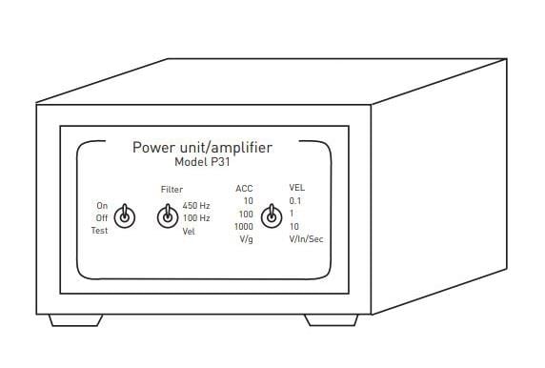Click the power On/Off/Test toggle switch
(124, 216)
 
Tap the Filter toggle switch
(167, 216)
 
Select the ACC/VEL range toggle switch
(271, 216)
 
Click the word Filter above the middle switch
(172, 190)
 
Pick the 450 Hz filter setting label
(196, 206)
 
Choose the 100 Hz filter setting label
(196, 218)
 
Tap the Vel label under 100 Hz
(188, 232)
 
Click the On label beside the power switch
(102, 205)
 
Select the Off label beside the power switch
(102, 217)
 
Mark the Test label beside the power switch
(100, 230)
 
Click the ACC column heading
(244, 188)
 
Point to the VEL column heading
(296, 188)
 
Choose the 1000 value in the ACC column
(244, 227)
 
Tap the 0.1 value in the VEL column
(294, 201)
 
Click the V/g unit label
(244, 239)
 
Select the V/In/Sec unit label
(306, 239)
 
